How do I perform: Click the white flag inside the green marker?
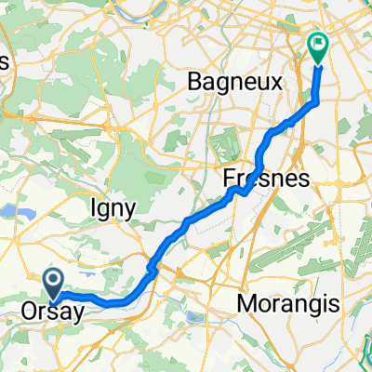pyautogui.click(x=318, y=42)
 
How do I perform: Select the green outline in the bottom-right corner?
pyautogui.click(x=364, y=352)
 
